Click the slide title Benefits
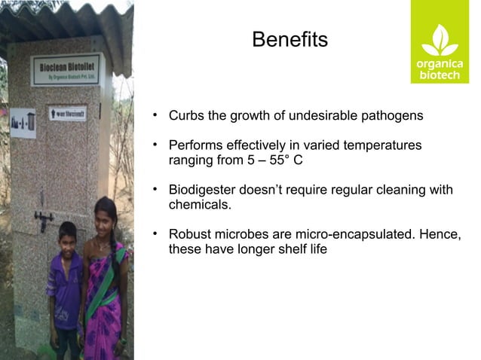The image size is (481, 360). (290, 39)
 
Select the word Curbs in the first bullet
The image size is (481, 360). (185, 117)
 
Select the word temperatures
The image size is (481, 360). (381, 145)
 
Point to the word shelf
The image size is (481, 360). (280, 249)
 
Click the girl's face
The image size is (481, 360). (105, 215)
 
